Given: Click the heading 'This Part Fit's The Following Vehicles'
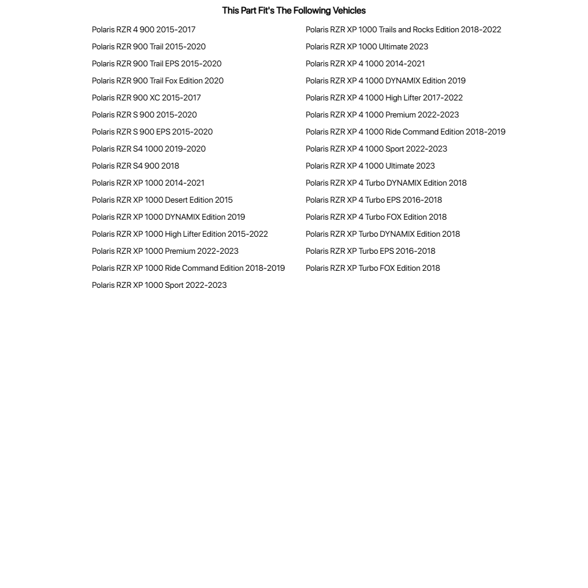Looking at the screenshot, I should [x=294, y=11].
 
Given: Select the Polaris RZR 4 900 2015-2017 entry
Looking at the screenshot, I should [x=143, y=29].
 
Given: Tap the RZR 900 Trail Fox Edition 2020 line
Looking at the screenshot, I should [x=157, y=80].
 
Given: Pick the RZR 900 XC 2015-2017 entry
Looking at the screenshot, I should [x=146, y=98].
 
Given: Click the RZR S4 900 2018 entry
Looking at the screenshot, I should [x=135, y=166].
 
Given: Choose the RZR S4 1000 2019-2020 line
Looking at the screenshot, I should [x=149, y=149].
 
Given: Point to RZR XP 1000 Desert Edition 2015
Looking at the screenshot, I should [x=162, y=200].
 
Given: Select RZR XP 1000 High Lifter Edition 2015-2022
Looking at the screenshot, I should [x=180, y=234].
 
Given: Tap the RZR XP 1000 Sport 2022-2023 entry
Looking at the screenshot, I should [x=159, y=285].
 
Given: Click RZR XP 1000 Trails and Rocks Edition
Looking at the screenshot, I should [x=403, y=29].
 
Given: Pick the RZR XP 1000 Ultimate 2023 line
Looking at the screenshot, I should [x=367, y=46].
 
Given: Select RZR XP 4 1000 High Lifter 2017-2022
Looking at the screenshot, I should [x=384, y=98].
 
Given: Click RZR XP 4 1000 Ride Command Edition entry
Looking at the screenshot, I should [x=405, y=132].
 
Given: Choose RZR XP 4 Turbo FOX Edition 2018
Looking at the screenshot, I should [x=376, y=217].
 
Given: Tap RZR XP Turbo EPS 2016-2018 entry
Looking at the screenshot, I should [x=370, y=251].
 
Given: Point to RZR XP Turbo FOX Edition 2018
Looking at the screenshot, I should [x=372, y=268].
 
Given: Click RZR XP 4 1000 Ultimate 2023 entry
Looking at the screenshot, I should [x=370, y=166].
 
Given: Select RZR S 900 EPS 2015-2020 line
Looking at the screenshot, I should [x=152, y=132].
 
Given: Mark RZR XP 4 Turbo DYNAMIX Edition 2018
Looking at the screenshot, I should [x=386, y=183].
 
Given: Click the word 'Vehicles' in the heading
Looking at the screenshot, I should [x=349, y=11].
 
